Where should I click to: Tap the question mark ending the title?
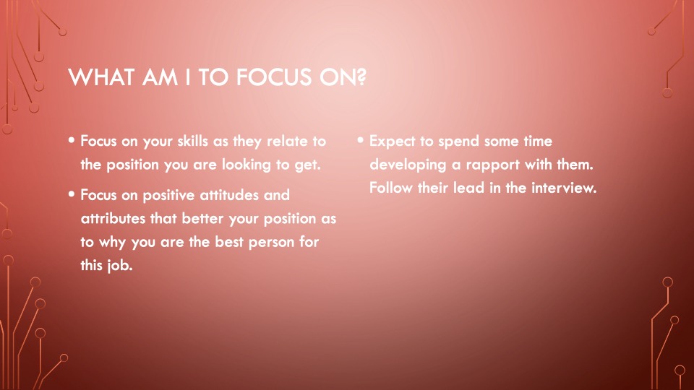point(361,77)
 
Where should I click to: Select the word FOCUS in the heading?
point(274,77)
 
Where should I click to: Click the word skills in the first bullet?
point(192,141)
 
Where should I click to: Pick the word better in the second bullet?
point(203,218)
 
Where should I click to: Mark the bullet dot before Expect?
point(360,140)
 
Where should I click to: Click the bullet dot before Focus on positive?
point(72,194)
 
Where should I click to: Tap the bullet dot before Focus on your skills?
point(72,140)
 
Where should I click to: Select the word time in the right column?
point(538,141)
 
